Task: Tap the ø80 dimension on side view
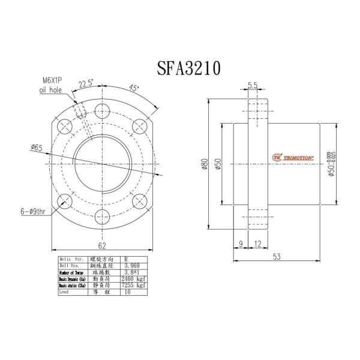click(204, 163)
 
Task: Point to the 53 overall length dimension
click(277, 256)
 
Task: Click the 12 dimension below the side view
click(257, 243)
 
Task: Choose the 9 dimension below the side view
click(240, 243)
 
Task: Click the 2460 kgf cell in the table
click(134, 278)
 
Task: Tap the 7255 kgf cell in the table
click(134, 286)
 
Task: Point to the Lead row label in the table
click(64, 293)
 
